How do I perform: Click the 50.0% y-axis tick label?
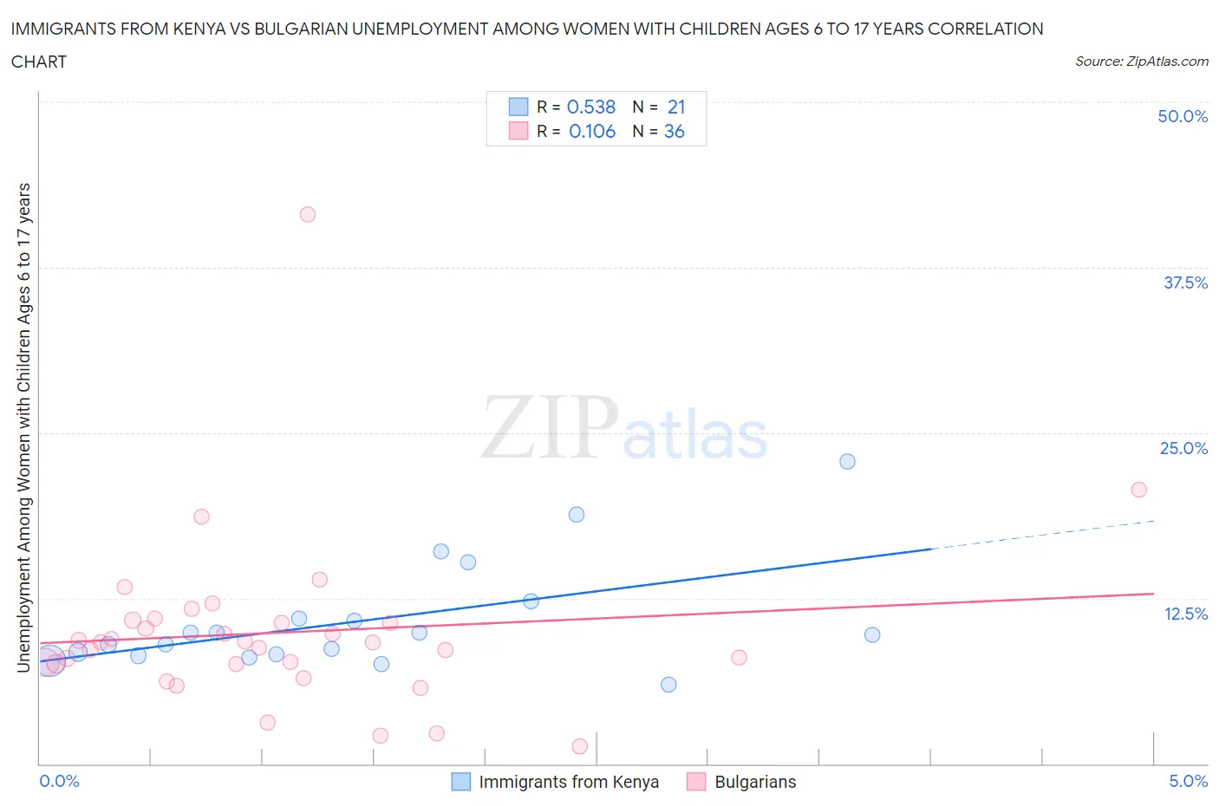1183,116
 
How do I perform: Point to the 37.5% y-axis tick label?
1185,283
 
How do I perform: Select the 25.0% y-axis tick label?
1183,448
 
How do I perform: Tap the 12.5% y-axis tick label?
1185,614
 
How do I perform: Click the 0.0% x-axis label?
60,781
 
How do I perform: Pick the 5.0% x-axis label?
1188,781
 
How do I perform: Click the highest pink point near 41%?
308,214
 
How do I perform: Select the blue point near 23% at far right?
847,461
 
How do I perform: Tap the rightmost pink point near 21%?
1139,490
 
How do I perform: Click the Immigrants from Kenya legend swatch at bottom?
461,782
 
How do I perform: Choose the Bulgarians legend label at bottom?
755,782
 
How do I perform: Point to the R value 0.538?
591,107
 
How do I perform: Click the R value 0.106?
592,131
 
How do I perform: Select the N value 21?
676,107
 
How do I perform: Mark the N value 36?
675,131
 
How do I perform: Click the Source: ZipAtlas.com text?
1142,61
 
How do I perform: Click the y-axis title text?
23,428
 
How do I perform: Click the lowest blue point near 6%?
668,685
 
